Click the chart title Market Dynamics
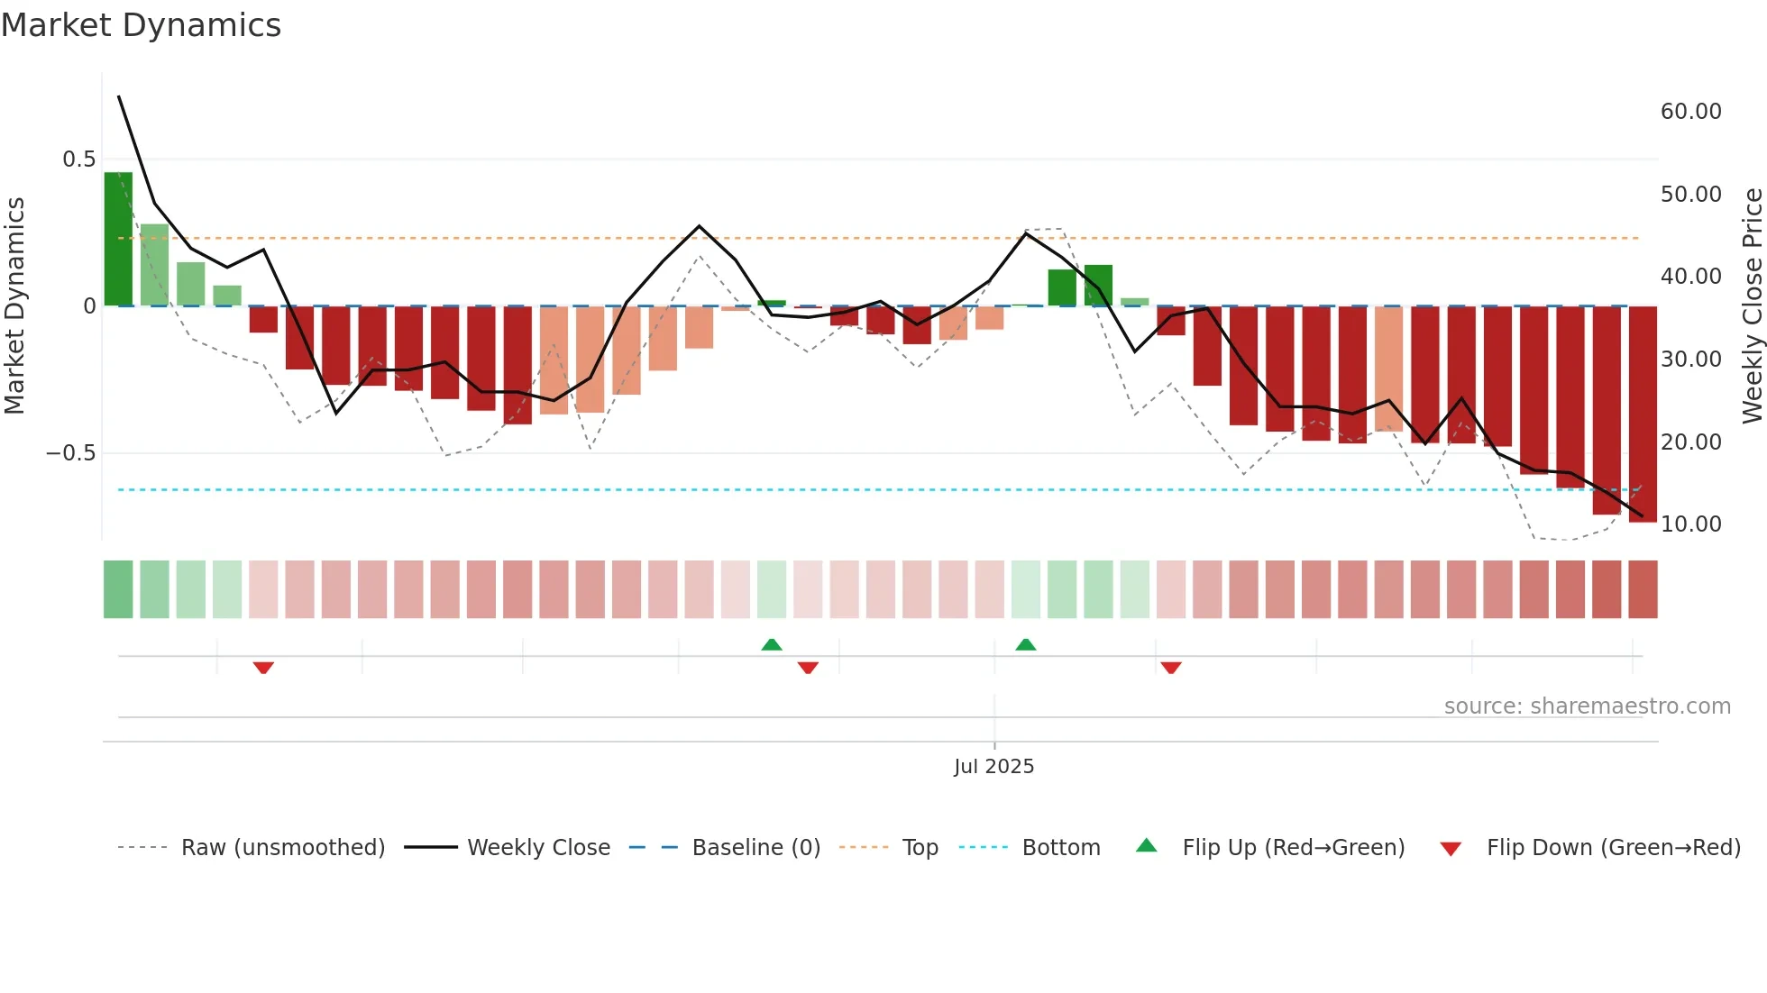pos(141,25)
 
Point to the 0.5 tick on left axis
pos(78,159)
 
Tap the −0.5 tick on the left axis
pos(70,453)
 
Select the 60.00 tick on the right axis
pos(1690,112)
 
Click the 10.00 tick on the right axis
pos(1690,524)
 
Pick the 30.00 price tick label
pos(1690,360)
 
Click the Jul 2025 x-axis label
pos(993,767)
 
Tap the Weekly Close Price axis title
pos(1752,305)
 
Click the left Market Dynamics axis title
pos(14,305)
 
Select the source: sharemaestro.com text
pos(1587,706)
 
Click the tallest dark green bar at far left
pos(118,239)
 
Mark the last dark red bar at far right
pos(1643,415)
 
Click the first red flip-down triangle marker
pos(263,668)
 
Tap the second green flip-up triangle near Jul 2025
pos(1025,644)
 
